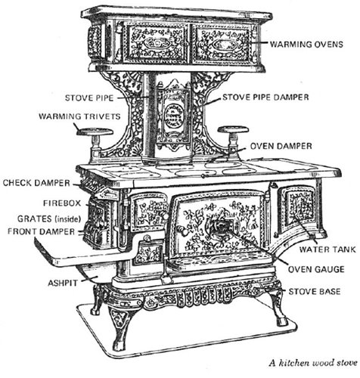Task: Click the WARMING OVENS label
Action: click(306, 45)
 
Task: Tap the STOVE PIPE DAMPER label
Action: click(265, 98)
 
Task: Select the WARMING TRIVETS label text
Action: click(79, 116)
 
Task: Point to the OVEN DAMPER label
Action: click(281, 146)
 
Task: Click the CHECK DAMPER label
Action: click(36, 183)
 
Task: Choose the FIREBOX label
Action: click(62, 203)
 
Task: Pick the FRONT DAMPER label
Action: click(42, 231)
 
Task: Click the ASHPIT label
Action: click(63, 283)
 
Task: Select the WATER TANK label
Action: click(327, 249)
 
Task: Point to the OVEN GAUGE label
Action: click(316, 269)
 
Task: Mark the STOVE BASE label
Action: click(315, 292)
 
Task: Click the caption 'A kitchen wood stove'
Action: click(313, 363)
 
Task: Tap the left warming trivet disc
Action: click(95, 132)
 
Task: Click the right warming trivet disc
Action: click(233, 129)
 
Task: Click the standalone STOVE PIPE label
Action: click(89, 98)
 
